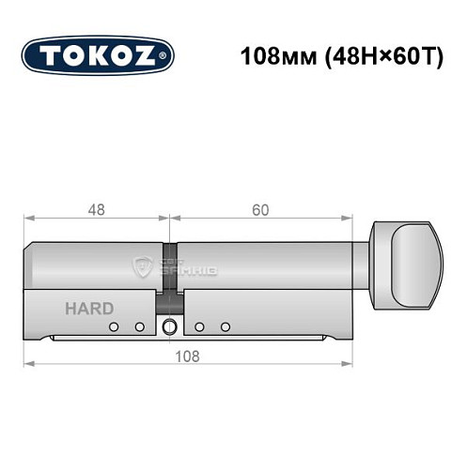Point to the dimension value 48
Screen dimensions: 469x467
(x=96, y=210)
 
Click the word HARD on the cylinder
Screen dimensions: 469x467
(x=89, y=309)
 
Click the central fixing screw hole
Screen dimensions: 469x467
(x=169, y=327)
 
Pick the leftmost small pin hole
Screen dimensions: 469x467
(x=114, y=327)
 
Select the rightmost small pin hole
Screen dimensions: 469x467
(x=226, y=327)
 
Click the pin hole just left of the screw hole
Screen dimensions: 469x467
(x=139, y=327)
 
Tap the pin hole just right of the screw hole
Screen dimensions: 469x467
(x=199, y=327)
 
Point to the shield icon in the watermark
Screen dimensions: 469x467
(x=144, y=267)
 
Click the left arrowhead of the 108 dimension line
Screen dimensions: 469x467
(x=28, y=364)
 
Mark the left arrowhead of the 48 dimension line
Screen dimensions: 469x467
(x=28, y=219)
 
